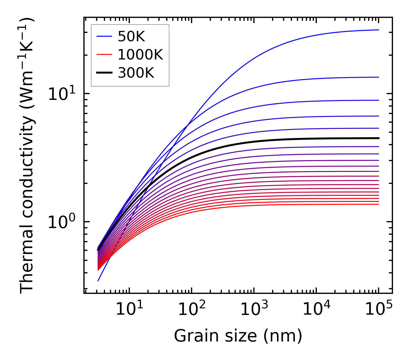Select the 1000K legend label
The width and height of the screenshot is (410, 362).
(x=140, y=55)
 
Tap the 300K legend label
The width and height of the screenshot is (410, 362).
(x=136, y=73)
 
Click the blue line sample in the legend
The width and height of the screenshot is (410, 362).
(x=104, y=36)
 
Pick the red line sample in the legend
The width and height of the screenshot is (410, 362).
(x=104, y=55)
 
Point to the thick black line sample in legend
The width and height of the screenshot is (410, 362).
(x=104, y=73)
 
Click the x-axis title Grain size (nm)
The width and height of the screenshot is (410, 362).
(x=238, y=336)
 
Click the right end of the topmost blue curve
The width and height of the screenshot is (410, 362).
(x=379, y=30)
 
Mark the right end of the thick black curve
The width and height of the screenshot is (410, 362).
(x=379, y=138)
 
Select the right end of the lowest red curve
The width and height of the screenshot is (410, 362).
(x=379, y=204)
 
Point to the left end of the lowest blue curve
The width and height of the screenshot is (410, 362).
(x=98, y=281)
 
